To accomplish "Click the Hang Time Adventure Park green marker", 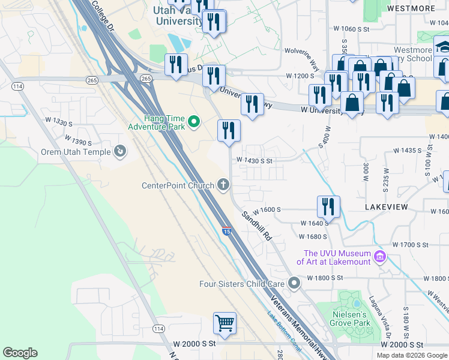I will point(193,122).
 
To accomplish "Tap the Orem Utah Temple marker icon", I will point(120,152).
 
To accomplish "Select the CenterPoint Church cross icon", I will point(223,185).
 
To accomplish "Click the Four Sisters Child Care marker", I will point(293,283).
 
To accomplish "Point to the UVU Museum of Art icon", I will point(379,257).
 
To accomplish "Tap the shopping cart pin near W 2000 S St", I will point(224,323).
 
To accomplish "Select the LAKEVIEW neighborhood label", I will point(386,207).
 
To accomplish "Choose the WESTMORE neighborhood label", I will point(411,8).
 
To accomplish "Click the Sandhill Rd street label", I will point(257,226).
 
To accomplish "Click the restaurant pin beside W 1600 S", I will point(328,207).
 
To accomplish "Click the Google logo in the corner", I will point(20,353).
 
